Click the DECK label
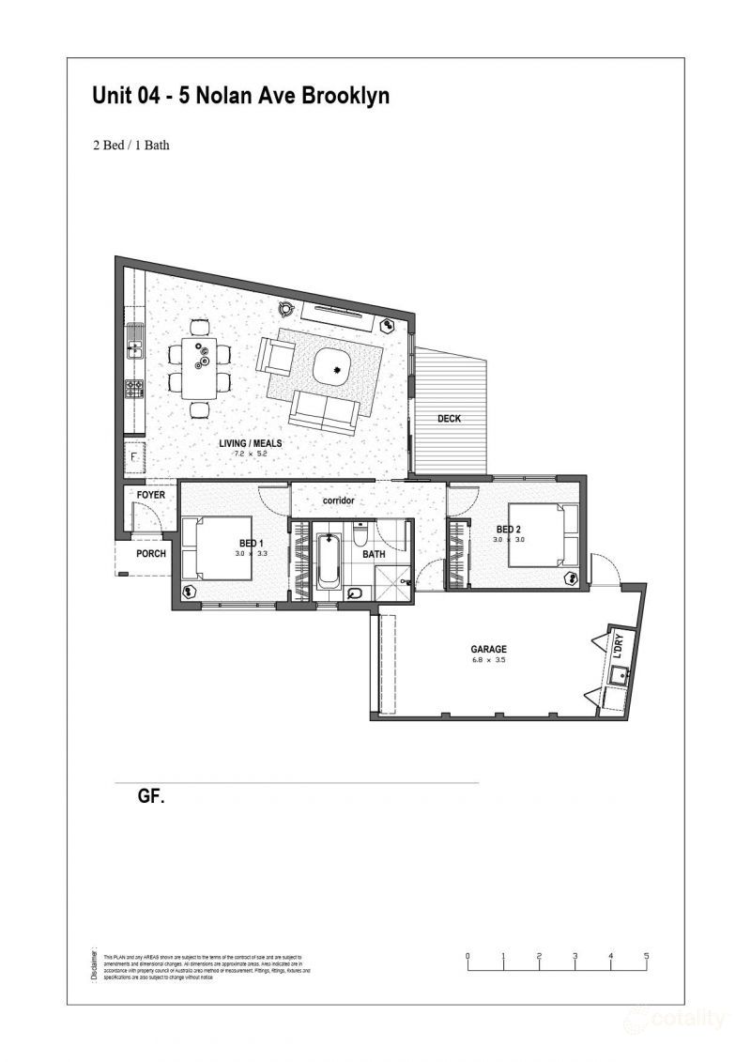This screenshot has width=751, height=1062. [x=450, y=419]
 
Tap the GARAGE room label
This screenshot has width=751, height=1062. [x=488, y=649]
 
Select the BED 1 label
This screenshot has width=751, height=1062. [x=251, y=544]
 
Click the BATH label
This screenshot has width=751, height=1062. [x=374, y=555]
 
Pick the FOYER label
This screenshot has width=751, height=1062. [x=150, y=495]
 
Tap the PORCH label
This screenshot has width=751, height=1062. [x=150, y=553]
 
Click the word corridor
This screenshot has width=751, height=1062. [x=338, y=500]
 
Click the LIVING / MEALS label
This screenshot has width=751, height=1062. [x=251, y=443]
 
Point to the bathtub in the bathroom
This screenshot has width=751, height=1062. [x=328, y=562]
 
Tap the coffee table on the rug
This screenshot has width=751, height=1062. [x=333, y=365]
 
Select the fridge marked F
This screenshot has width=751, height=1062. [x=134, y=457]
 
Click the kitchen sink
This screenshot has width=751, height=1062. [x=134, y=348]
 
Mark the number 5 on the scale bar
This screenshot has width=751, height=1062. [x=646, y=956]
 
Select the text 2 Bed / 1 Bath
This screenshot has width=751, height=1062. [x=130, y=146]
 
